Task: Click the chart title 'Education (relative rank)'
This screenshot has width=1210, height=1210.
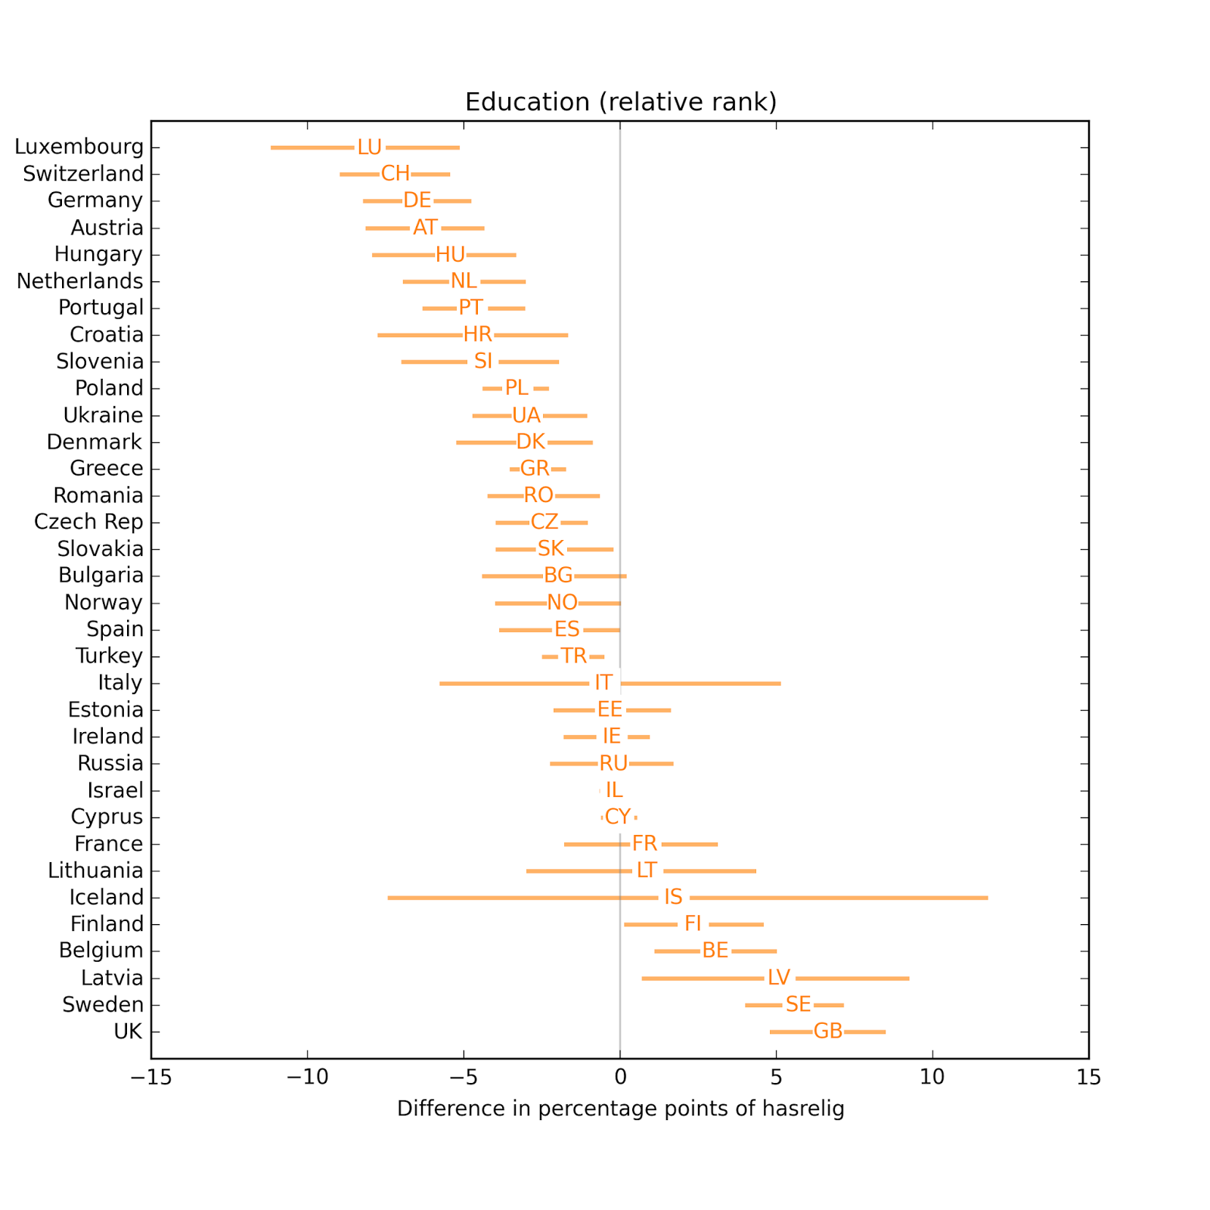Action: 620,102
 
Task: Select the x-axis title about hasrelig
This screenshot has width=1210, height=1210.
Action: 620,1109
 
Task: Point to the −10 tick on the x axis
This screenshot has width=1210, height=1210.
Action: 307,1078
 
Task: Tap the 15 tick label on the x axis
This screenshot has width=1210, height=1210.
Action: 1088,1078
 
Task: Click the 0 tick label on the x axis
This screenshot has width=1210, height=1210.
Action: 620,1078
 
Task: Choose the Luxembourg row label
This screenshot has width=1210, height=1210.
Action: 79,147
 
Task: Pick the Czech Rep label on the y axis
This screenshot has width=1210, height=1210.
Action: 88,522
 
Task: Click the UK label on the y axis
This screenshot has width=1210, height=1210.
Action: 128,1032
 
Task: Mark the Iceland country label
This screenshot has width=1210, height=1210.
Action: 106,898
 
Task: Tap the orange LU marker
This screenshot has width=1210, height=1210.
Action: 370,147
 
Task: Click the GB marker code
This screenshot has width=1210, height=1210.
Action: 828,1032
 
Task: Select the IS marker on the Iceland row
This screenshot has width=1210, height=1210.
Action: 673,898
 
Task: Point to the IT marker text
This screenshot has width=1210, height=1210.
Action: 603,683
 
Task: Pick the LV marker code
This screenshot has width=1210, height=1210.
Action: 779,978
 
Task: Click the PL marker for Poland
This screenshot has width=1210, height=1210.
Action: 517,388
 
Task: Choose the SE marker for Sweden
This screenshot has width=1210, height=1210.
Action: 798,1004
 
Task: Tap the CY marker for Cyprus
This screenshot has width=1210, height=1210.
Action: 618,817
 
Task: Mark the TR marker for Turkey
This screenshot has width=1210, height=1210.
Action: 573,656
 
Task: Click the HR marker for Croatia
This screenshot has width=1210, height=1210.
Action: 478,334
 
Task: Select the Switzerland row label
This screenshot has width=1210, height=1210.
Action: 83,174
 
